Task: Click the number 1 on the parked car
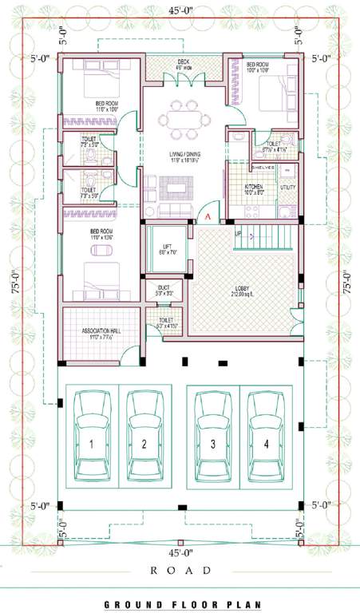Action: tap(92, 445)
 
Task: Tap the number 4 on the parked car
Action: tap(267, 445)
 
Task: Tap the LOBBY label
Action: tap(243, 288)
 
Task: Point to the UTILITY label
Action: tap(287, 187)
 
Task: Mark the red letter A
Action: tap(207, 216)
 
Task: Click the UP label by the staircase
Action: tap(238, 233)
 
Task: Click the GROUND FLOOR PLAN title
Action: tap(180, 605)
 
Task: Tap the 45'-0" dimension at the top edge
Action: tap(180, 9)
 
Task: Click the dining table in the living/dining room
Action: tap(184, 119)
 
